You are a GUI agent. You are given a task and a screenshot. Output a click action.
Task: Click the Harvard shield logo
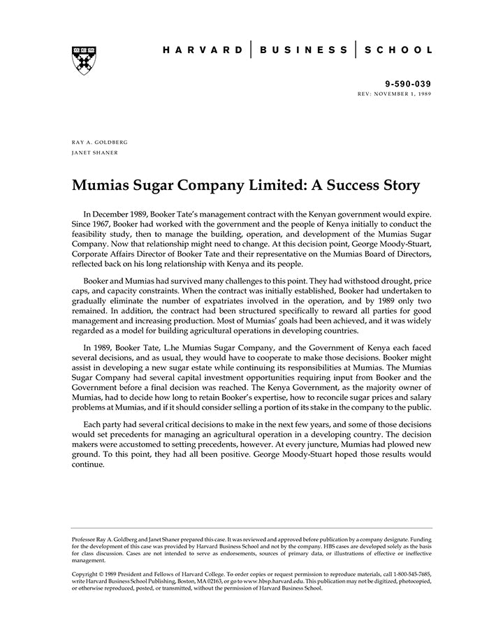tap(84, 59)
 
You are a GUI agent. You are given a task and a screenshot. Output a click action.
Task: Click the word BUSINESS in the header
tap(302, 50)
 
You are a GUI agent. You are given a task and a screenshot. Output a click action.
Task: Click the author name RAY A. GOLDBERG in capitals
tap(100, 142)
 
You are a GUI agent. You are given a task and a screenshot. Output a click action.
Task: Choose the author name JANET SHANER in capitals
tap(94, 152)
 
